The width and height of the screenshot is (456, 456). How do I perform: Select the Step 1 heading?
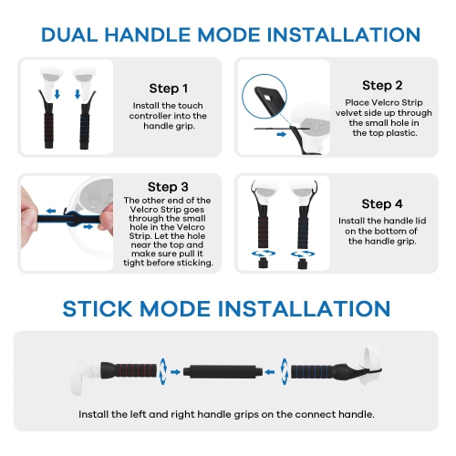click(169, 88)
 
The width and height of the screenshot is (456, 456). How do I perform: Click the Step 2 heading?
click(382, 85)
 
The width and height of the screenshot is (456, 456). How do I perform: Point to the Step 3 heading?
click(168, 186)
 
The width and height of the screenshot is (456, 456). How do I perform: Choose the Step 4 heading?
click(382, 202)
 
